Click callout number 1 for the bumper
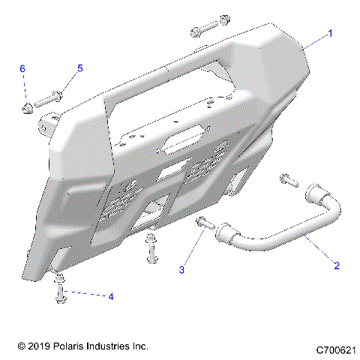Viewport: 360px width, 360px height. pyautogui.click(x=328, y=34)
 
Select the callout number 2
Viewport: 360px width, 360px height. pyautogui.click(x=337, y=265)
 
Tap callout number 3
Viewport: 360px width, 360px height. pyautogui.click(x=181, y=268)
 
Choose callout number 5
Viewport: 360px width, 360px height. pyautogui.click(x=79, y=68)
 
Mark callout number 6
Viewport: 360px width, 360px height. pyautogui.click(x=22, y=69)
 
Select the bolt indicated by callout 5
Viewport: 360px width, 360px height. pyautogui.click(x=47, y=98)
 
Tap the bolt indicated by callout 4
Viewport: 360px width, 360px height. pyautogui.click(x=61, y=294)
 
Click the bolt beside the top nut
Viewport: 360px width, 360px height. pyautogui.click(x=201, y=31)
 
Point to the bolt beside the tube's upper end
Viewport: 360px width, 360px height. pyautogui.click(x=287, y=179)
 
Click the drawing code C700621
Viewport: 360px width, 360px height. pyautogui.click(x=335, y=349)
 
